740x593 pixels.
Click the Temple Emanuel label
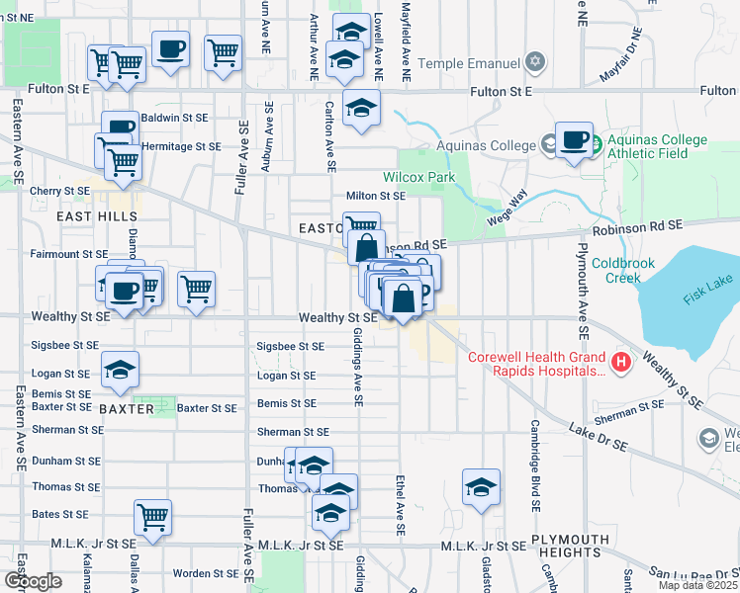click(468, 63)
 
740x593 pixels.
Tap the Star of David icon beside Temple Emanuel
click(535, 63)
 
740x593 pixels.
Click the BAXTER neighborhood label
click(126, 408)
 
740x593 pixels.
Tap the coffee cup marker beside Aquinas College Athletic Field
click(574, 140)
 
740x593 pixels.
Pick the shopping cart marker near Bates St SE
click(152, 517)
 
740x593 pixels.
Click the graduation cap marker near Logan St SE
click(121, 371)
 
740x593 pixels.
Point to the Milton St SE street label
click(375, 196)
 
